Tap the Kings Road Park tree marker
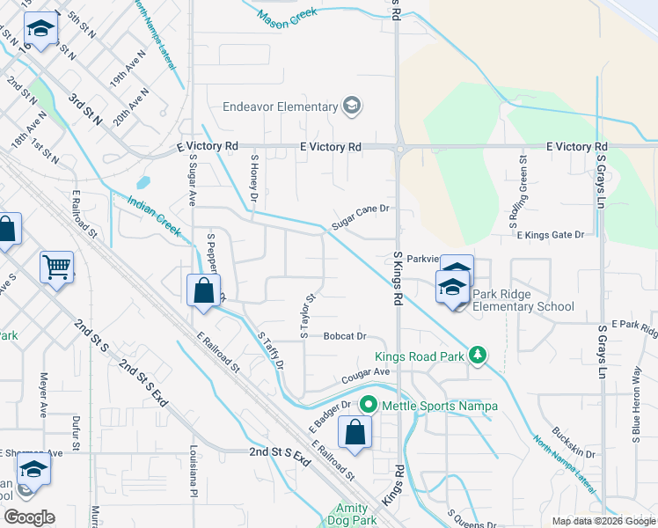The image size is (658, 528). (478, 356)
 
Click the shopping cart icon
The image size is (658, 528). (57, 265)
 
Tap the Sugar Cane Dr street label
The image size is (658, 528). (360, 218)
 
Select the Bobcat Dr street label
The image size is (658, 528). (344, 336)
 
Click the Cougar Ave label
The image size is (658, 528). (365, 376)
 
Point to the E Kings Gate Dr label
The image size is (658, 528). (551, 235)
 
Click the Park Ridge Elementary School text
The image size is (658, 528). (523, 300)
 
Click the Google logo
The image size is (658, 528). (29, 517)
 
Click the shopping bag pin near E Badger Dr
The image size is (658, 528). (355, 433)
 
